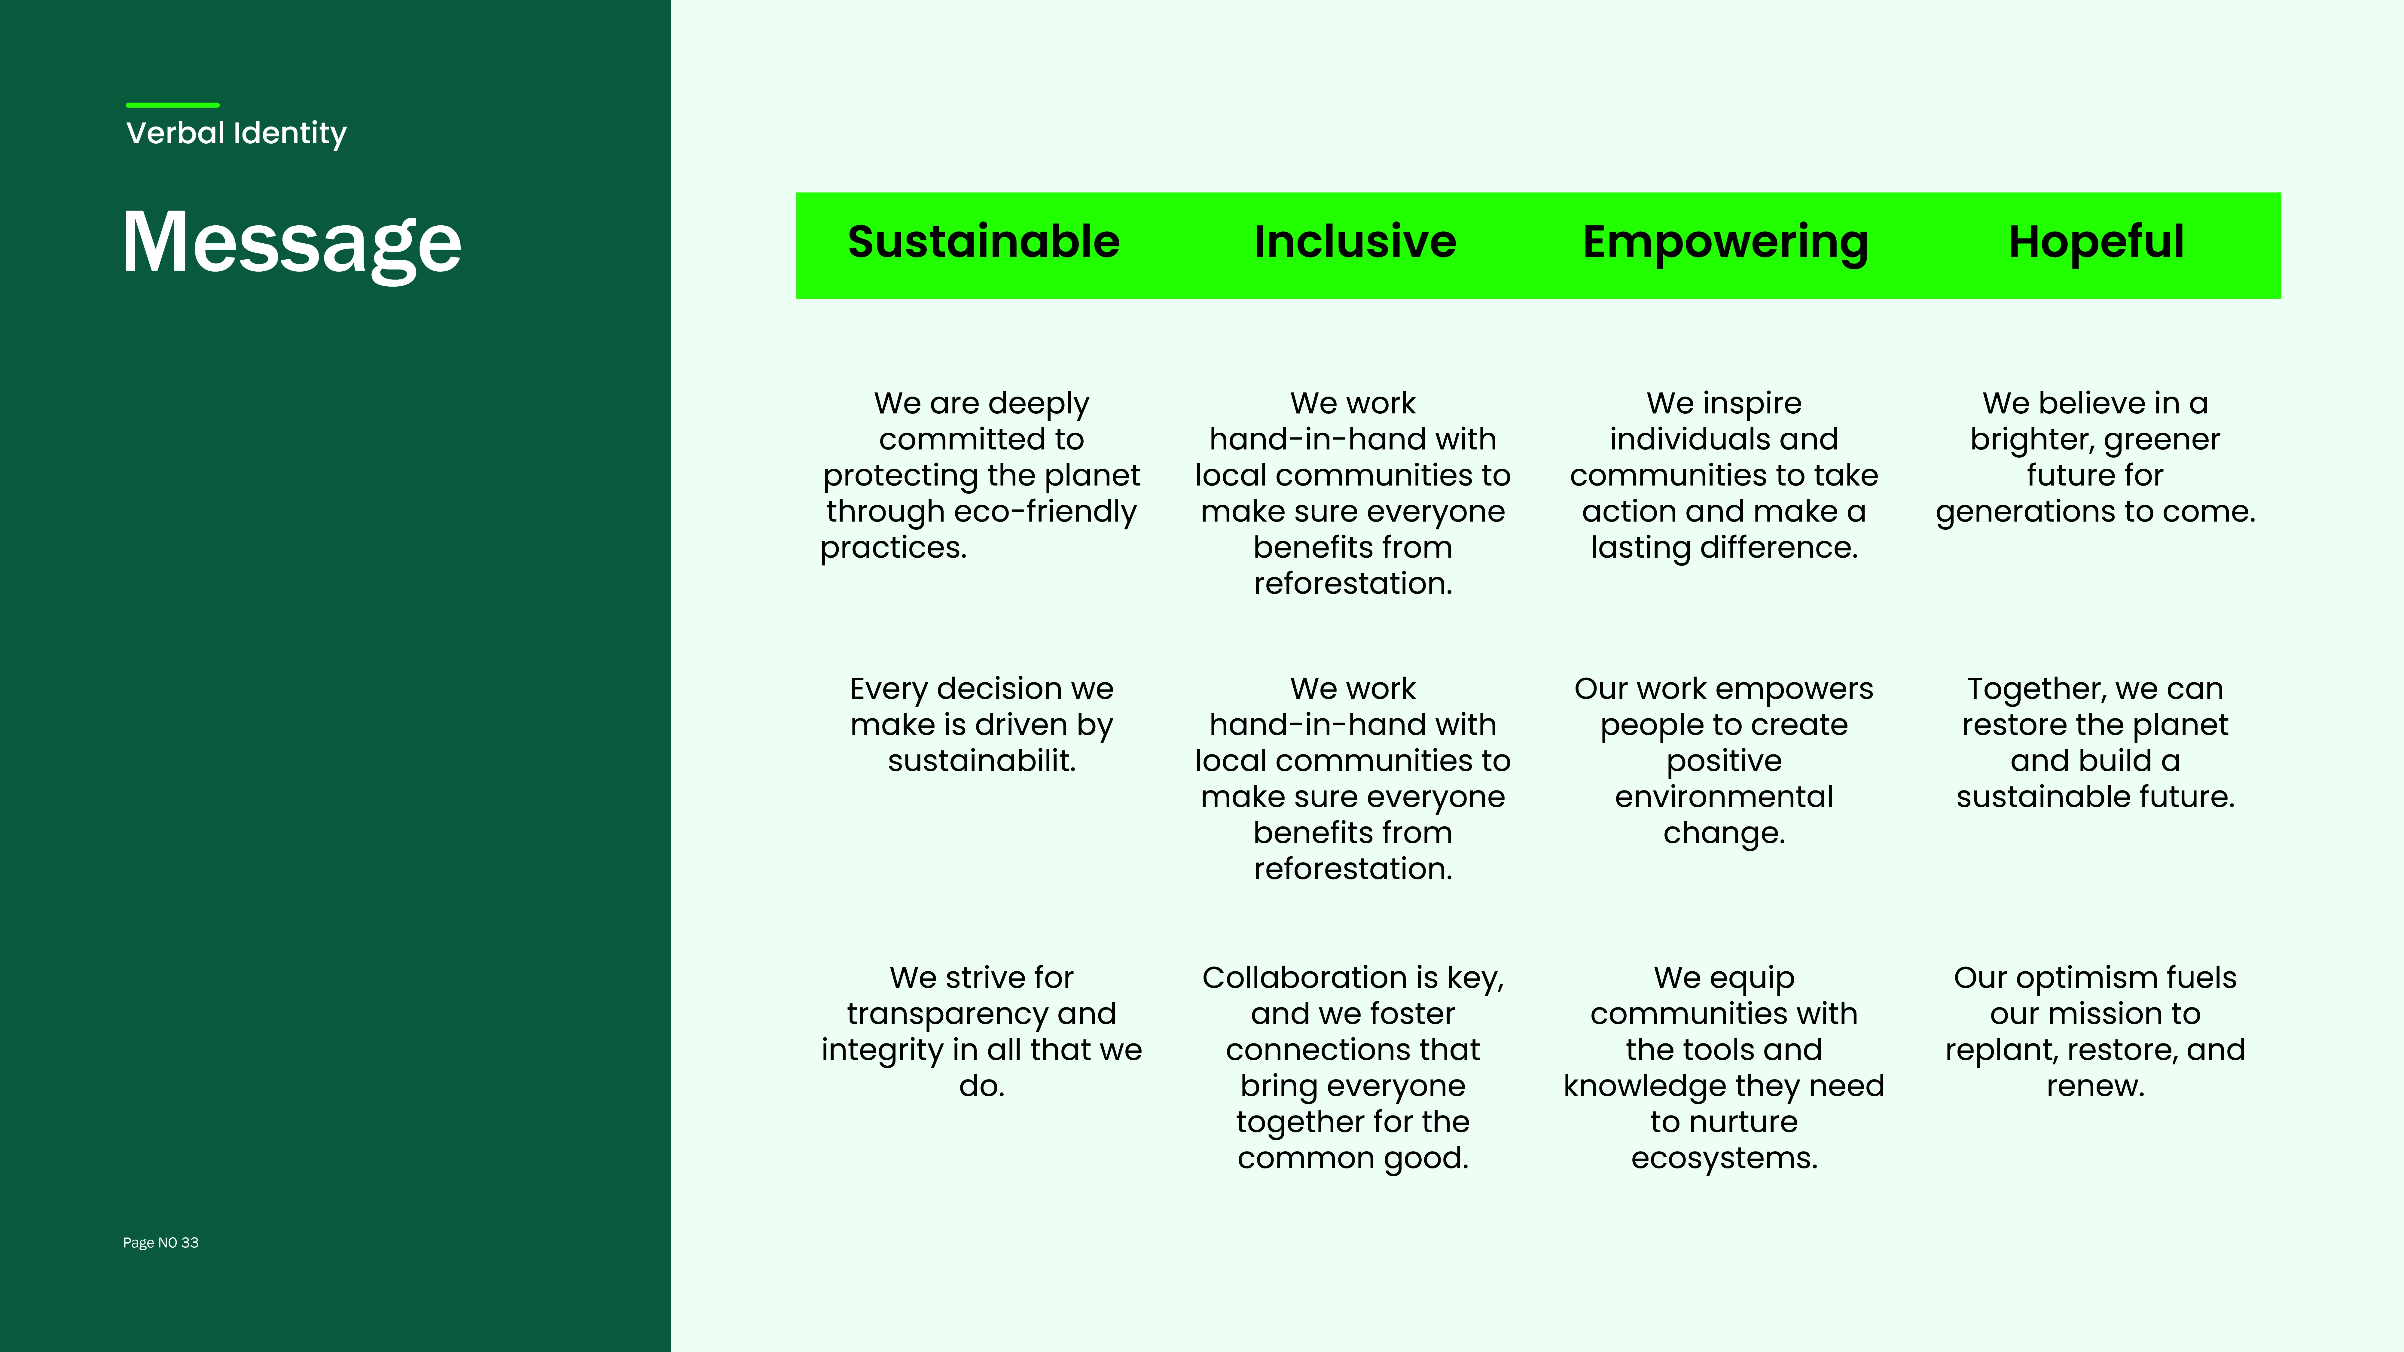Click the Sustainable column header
(x=984, y=242)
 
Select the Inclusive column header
(x=1355, y=242)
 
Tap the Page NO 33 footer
(x=160, y=1243)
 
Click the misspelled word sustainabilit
(x=982, y=760)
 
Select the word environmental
(x=1724, y=797)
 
